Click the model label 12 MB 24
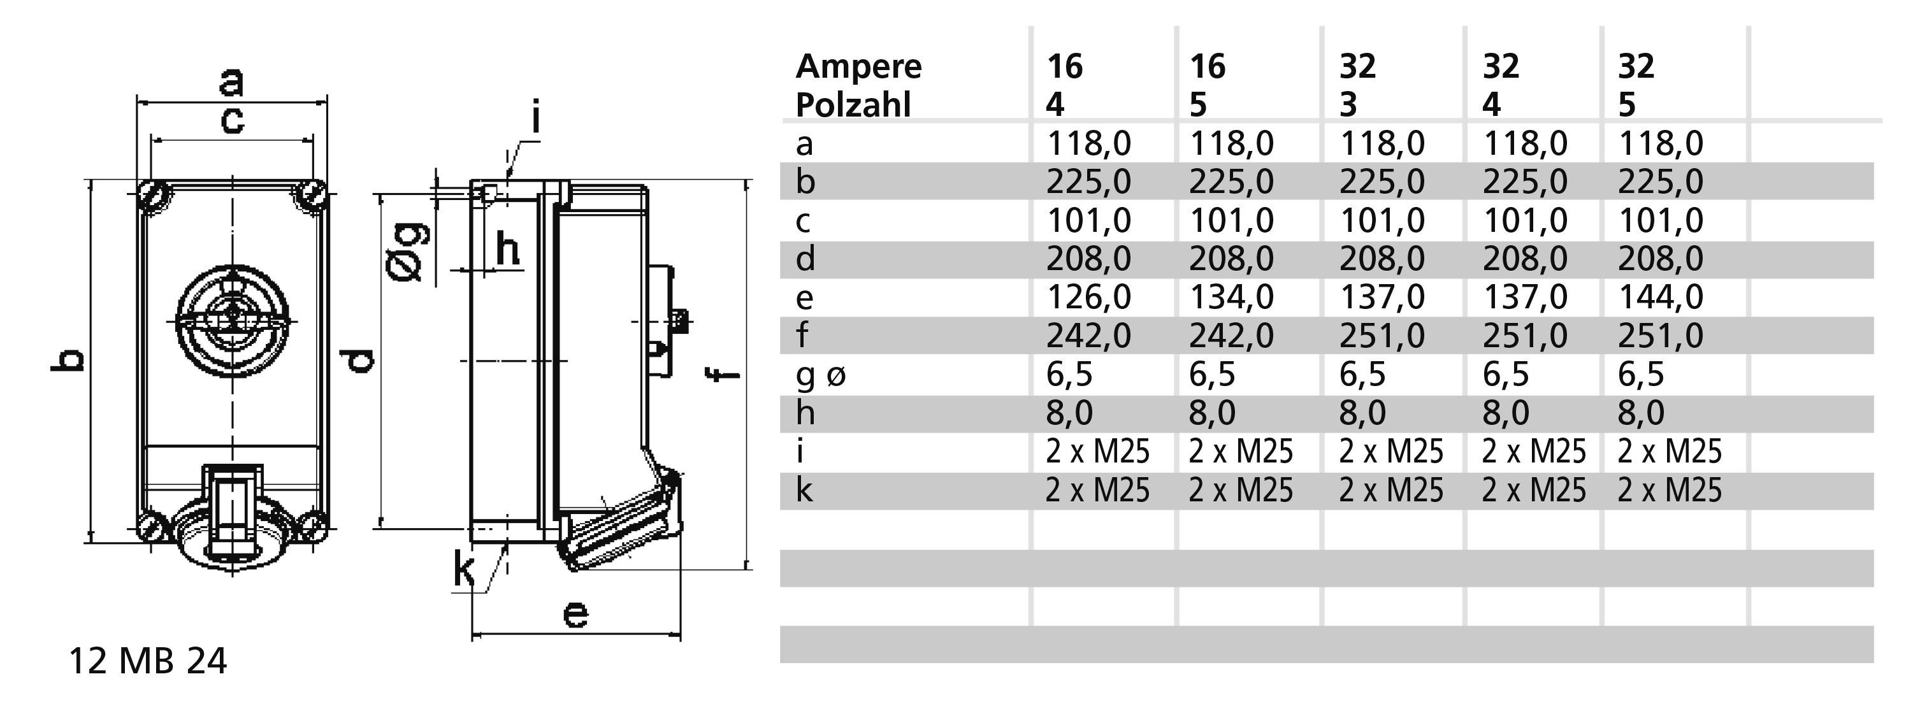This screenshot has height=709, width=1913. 147,661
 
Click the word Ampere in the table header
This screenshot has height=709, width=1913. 858,67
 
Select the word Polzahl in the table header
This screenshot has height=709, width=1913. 853,104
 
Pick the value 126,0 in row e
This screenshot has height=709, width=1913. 1088,297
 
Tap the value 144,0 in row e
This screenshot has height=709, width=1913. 1660,297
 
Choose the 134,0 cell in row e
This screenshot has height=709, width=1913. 1231,297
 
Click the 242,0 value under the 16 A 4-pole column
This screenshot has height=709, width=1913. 1088,336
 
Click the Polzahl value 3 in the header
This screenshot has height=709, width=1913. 1348,104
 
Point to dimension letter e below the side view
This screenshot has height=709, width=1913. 575,614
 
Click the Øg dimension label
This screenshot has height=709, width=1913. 408,252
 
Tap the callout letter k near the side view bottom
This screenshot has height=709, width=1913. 464,571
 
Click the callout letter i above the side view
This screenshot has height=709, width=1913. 535,118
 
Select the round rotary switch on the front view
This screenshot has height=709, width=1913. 233,322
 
